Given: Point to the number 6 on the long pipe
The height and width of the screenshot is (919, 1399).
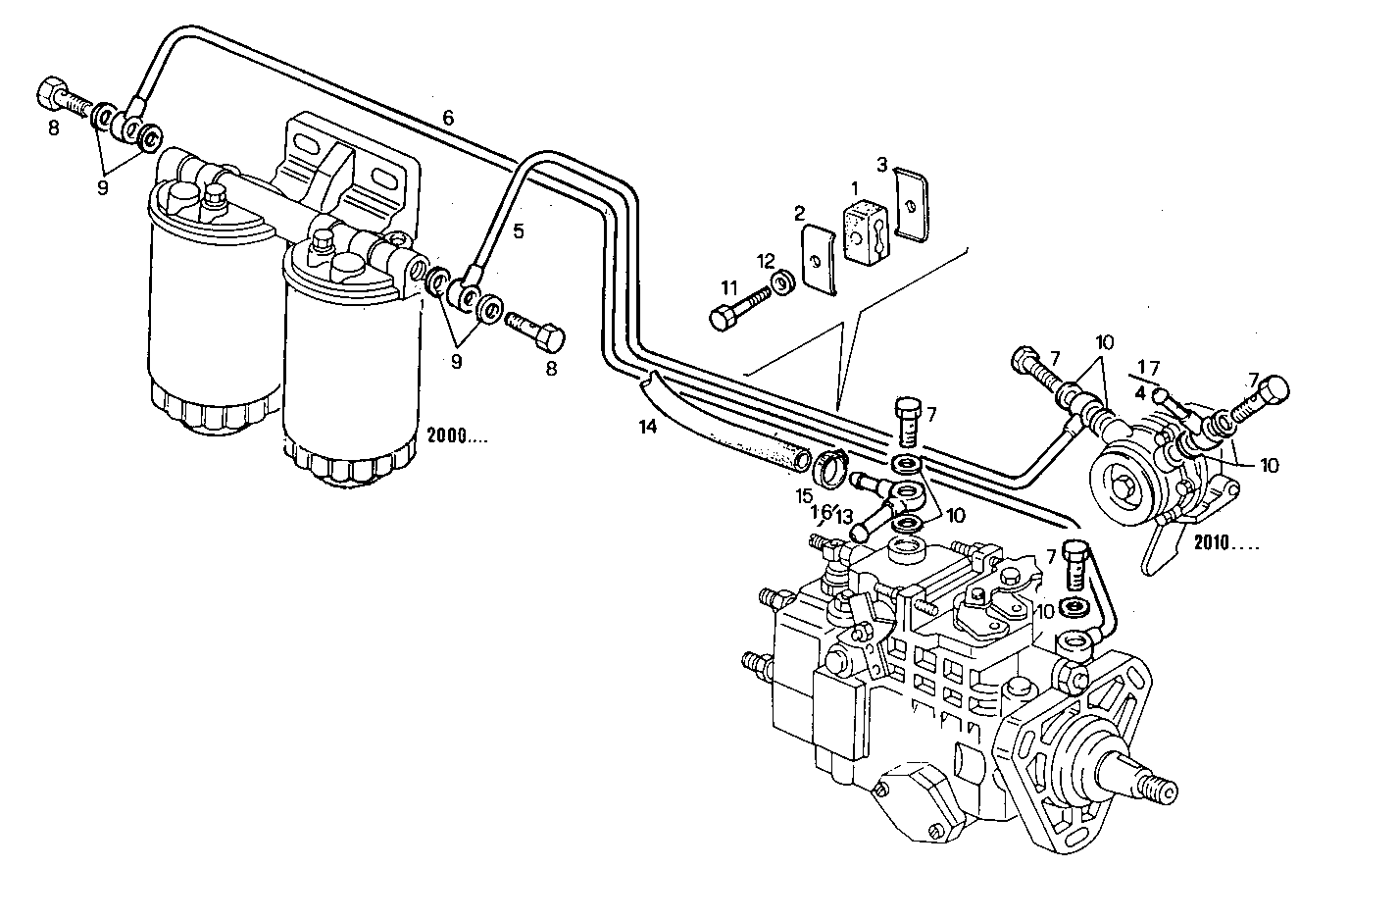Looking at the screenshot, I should click(x=448, y=118).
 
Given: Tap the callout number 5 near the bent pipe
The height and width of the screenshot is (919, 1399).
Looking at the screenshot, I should click(x=519, y=231).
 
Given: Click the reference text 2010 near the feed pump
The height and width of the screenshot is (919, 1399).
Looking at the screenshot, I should click(x=1224, y=541).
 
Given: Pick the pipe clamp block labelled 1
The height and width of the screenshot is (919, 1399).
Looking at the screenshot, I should click(x=866, y=230).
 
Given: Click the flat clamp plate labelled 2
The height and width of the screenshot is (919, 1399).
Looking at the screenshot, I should click(x=819, y=259).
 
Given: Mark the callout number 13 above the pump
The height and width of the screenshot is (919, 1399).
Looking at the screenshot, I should click(x=845, y=517).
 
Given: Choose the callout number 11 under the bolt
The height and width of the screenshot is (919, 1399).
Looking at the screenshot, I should click(x=728, y=287).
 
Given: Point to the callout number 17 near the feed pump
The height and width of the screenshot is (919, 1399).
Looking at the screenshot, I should click(x=1148, y=368).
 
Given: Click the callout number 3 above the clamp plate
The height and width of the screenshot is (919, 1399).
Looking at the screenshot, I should click(x=882, y=164).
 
